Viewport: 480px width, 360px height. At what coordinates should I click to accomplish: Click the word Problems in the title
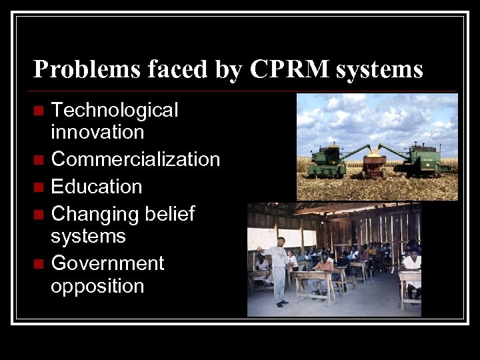pyautogui.click(x=79, y=69)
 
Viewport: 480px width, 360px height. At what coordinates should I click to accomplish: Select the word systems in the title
pyautogui.click(x=380, y=69)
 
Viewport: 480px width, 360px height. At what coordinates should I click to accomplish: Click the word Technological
pyautogui.click(x=115, y=109)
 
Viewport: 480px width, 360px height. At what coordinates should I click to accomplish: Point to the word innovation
pyautogui.click(x=97, y=132)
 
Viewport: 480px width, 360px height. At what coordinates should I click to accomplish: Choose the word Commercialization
pyautogui.click(x=135, y=159)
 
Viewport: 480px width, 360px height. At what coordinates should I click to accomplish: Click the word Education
pyautogui.click(x=97, y=187)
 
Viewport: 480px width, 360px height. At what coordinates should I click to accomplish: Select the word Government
pyautogui.click(x=107, y=263)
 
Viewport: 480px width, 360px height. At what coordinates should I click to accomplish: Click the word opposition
pyautogui.click(x=97, y=286)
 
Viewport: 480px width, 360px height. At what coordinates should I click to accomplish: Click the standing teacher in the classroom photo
pyautogui.click(x=279, y=267)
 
